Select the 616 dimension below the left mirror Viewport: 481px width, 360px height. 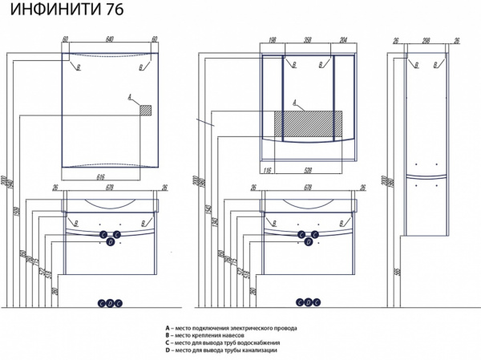click(101, 175)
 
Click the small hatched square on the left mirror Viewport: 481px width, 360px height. click(146, 111)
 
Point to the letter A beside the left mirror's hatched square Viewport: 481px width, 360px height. click(128, 98)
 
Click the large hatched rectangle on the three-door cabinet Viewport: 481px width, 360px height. click(309, 124)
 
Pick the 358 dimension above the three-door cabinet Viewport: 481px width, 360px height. click(308, 38)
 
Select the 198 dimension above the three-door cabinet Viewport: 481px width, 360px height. click(273, 38)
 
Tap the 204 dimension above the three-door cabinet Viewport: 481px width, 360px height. click(344, 38)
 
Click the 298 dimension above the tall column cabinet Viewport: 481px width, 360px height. click(427, 38)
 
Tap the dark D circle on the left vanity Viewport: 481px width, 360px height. click(110, 243)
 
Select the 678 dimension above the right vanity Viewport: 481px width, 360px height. click(308, 188)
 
